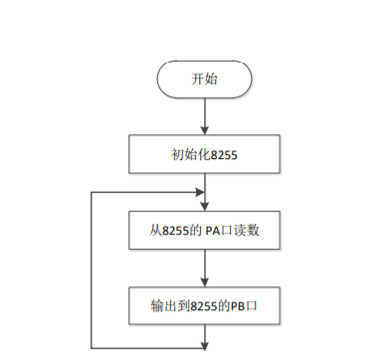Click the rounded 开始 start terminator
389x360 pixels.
pyautogui.click(x=204, y=80)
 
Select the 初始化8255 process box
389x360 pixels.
pyautogui.click(x=204, y=154)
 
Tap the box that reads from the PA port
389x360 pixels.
pyautogui.click(x=204, y=231)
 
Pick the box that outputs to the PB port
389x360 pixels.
pyautogui.click(x=204, y=303)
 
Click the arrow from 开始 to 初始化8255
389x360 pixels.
pyautogui.click(x=204, y=117)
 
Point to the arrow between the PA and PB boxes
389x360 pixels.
pyautogui.click(x=204, y=268)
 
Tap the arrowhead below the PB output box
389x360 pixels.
pyautogui.click(x=204, y=344)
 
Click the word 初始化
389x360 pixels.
pyautogui.click(x=188, y=154)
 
